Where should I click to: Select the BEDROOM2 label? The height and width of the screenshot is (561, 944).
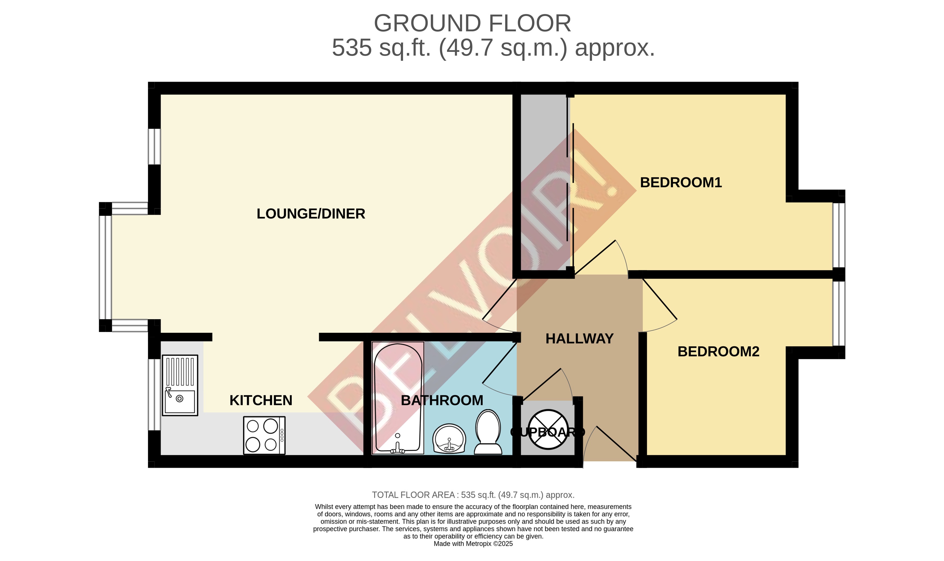[x=718, y=352]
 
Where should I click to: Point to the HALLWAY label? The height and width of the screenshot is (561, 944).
[x=579, y=339]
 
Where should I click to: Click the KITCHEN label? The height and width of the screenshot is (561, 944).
[x=261, y=400]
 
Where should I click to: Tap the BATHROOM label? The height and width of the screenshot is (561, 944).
[x=442, y=400]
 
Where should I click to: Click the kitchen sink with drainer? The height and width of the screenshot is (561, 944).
[x=180, y=385]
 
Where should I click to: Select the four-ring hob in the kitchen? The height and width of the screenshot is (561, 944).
[x=264, y=435]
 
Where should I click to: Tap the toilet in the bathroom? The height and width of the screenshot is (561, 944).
[x=488, y=433]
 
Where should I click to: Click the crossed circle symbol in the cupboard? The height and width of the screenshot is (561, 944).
[x=548, y=429]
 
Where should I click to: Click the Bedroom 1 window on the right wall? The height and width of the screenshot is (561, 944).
[x=839, y=235]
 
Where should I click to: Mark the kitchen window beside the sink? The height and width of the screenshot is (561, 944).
[x=154, y=394]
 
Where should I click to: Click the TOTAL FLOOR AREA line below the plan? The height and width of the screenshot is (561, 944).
[x=473, y=495]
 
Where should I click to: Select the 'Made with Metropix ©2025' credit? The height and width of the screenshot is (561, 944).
[x=473, y=544]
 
